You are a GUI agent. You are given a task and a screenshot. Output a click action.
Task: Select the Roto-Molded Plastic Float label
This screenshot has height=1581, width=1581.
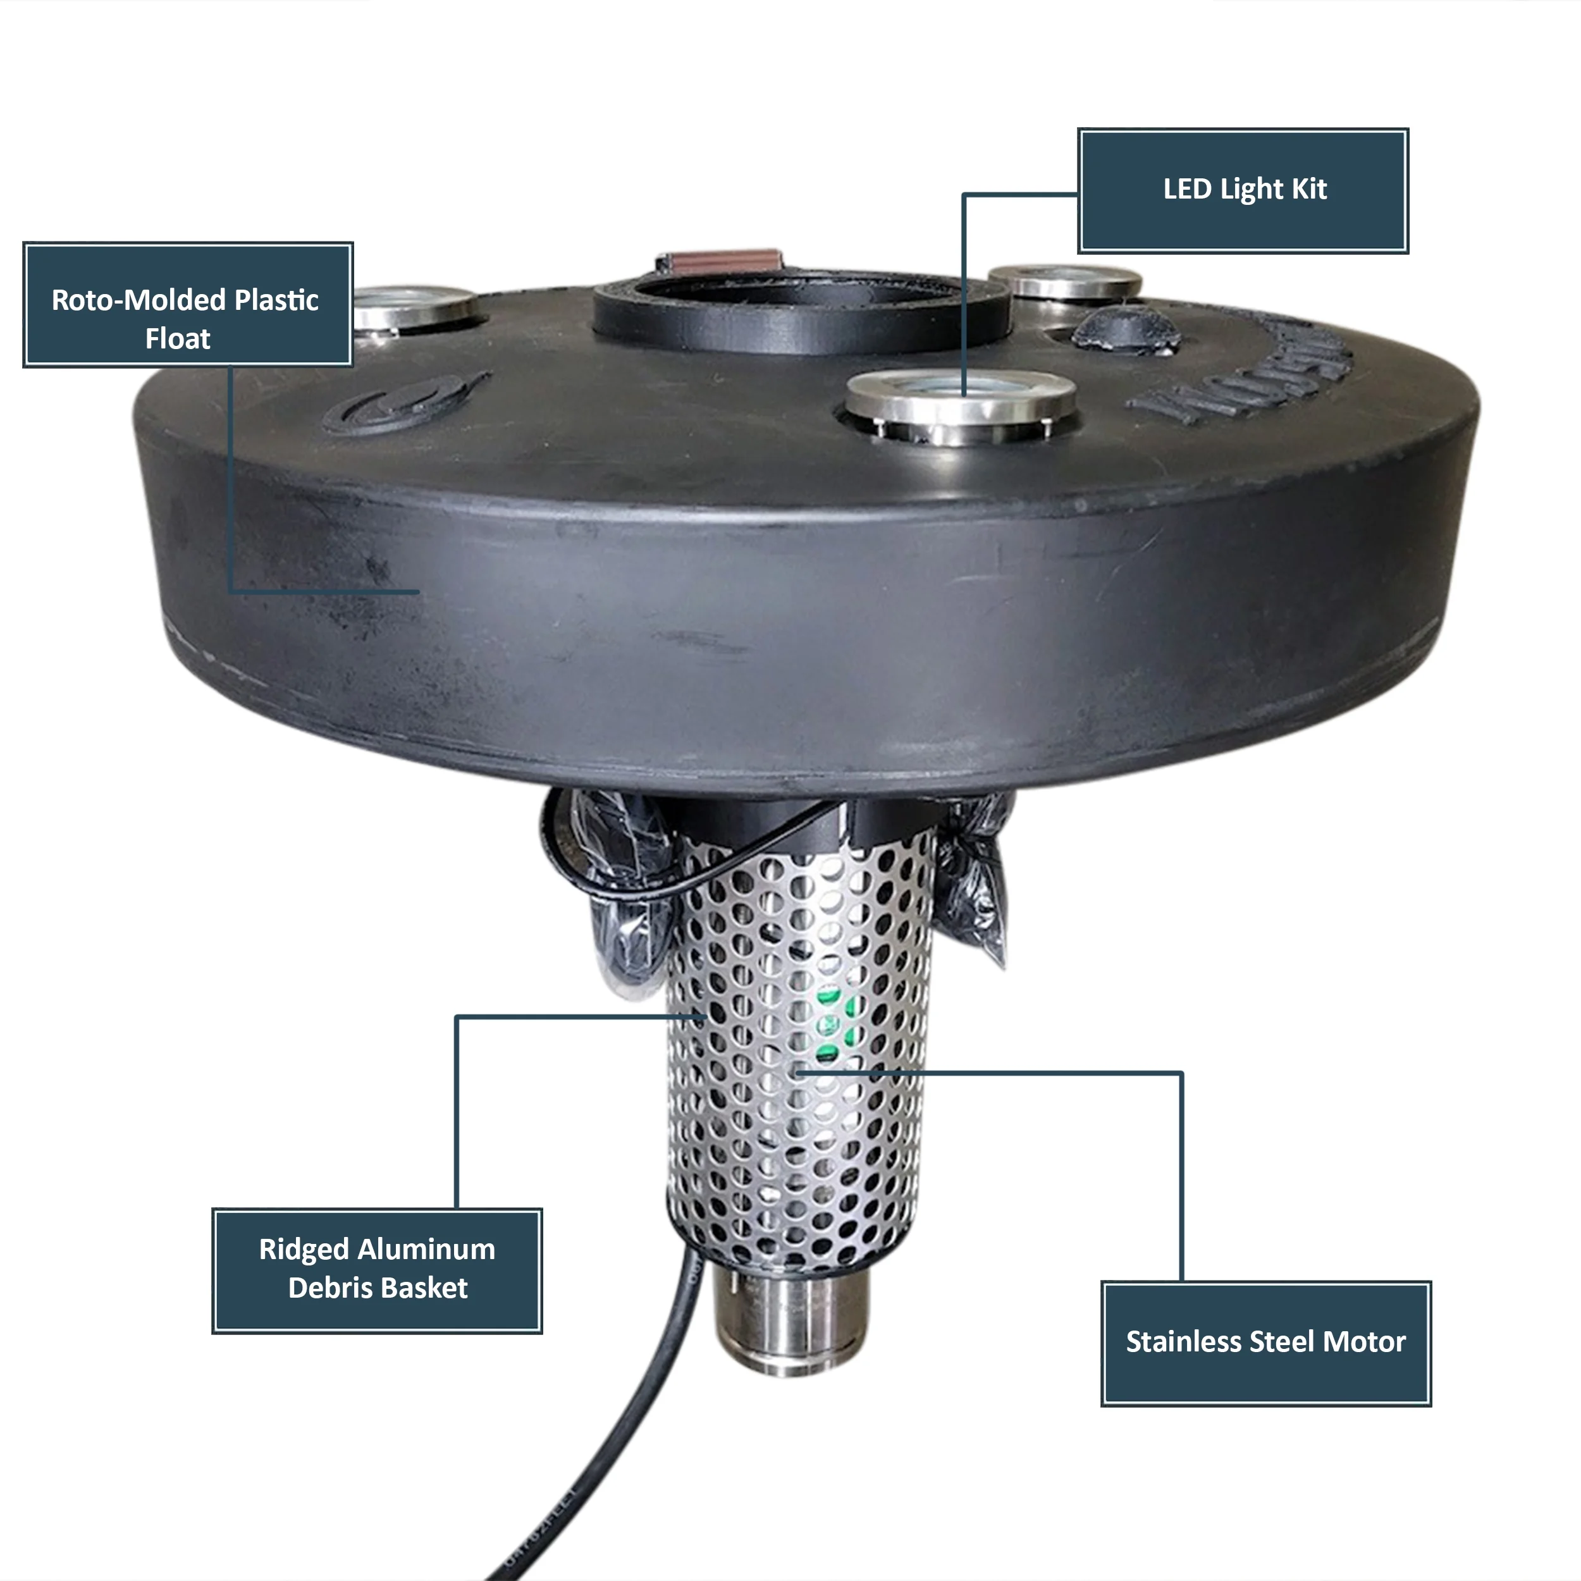[187, 304]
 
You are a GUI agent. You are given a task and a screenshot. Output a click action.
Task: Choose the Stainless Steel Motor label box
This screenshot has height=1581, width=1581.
[1265, 1342]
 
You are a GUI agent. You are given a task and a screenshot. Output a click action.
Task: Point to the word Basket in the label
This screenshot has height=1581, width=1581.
[424, 1288]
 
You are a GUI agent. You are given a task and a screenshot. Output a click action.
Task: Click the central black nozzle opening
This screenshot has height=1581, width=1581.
[801, 307]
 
